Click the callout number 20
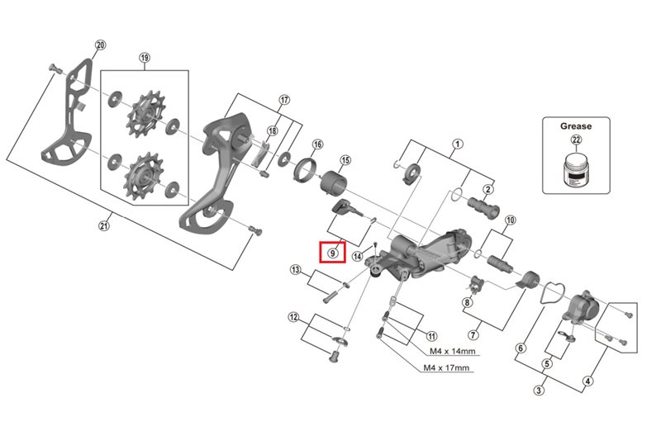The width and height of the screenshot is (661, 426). tap(101, 45)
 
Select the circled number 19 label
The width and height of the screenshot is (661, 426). tap(145, 58)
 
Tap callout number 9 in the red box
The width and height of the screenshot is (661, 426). tap(332, 252)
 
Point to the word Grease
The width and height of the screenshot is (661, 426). tap(576, 125)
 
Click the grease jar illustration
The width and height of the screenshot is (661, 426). tap(576, 169)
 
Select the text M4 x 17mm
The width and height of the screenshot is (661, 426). tap(446, 368)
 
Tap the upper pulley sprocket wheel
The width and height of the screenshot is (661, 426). tap(144, 114)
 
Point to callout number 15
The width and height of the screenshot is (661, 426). tap(345, 159)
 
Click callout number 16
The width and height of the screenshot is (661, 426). tap(317, 144)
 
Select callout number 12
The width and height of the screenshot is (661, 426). tap(293, 317)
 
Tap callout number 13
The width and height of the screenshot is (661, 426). tap(295, 270)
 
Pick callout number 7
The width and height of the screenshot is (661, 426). tap(473, 335)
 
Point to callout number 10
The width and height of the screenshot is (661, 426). tap(510, 220)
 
